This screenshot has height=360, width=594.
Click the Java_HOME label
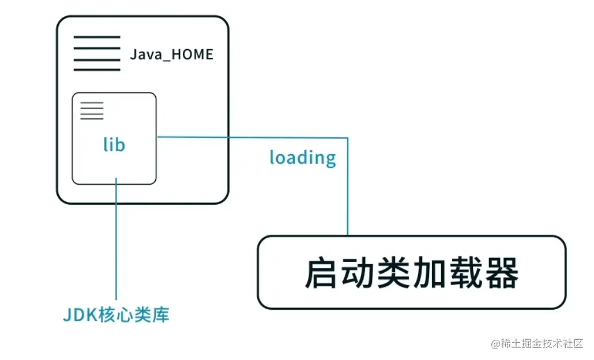click(x=171, y=55)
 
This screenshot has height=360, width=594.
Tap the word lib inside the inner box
click(x=114, y=144)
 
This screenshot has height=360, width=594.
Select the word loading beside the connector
click(x=303, y=157)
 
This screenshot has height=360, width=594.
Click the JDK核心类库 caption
click(x=116, y=315)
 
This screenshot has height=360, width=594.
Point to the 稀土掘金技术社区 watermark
click(x=537, y=344)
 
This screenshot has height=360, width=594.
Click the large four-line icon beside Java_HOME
click(x=97, y=53)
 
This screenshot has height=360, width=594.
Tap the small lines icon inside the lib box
click(x=92, y=111)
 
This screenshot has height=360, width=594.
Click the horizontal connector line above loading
click(x=254, y=137)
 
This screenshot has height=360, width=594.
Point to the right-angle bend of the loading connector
click(x=348, y=138)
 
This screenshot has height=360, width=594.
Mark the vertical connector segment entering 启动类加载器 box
click(x=348, y=190)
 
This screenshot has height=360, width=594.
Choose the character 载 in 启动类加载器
click(x=465, y=273)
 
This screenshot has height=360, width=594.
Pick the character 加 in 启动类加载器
click(x=429, y=273)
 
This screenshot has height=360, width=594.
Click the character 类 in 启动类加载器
click(x=393, y=273)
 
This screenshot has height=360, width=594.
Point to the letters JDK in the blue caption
click(x=77, y=315)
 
